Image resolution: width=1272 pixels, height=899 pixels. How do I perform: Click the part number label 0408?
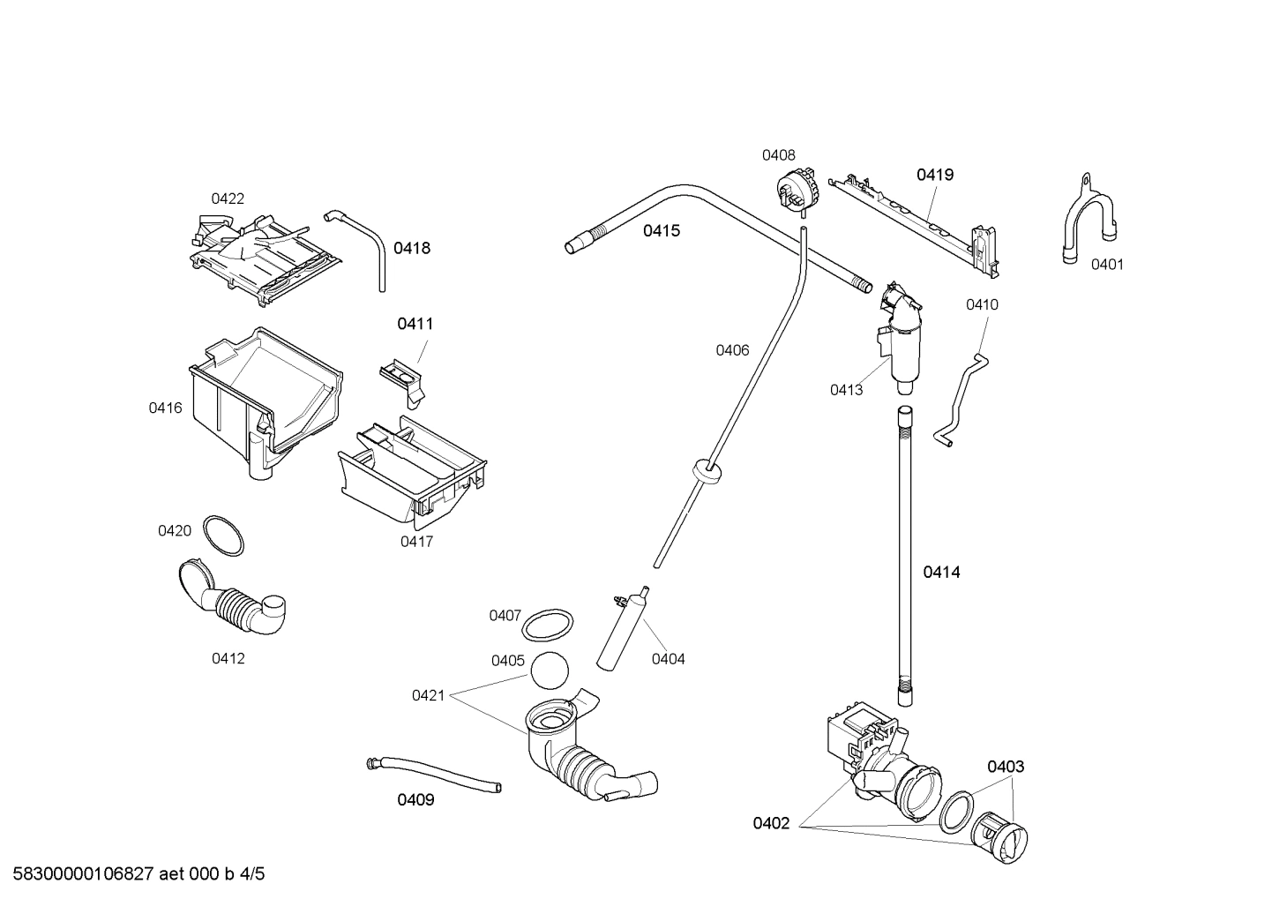point(778,155)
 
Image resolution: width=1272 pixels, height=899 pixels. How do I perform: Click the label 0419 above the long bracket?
point(934,175)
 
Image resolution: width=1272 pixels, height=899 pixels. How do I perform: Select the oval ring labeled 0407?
point(547,626)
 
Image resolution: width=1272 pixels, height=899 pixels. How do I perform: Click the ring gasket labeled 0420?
point(223,536)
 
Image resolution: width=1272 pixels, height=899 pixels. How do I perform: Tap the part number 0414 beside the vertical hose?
point(941,572)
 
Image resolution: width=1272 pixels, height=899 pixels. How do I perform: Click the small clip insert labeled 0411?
point(404,379)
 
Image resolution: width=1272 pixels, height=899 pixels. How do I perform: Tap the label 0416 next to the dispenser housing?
point(165,408)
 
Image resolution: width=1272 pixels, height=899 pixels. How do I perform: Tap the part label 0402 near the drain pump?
point(771,823)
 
